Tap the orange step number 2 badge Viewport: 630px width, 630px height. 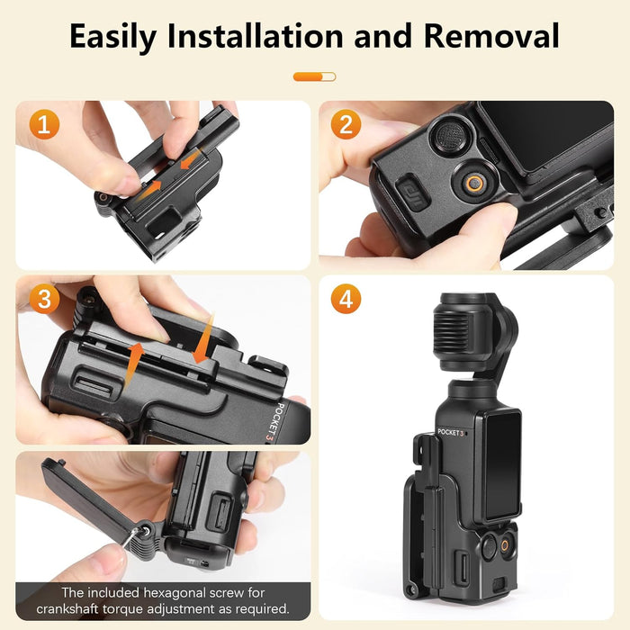coord(346,124)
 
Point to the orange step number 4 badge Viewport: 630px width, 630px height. coord(346,299)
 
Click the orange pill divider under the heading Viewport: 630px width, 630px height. coord(314,76)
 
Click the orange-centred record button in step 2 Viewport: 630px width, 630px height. coord(472,182)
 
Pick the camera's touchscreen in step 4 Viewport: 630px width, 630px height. coord(501,468)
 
